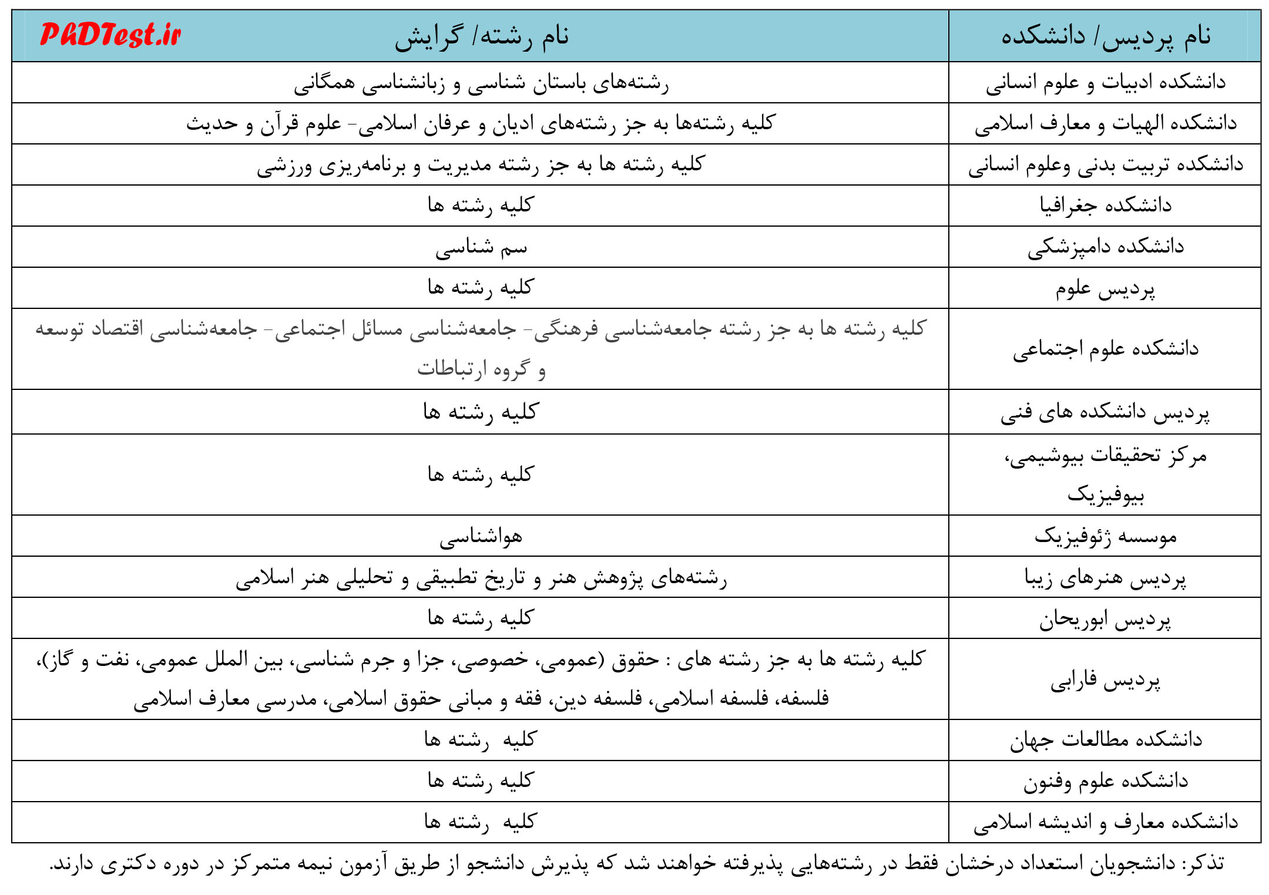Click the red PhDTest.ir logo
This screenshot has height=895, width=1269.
click(x=110, y=35)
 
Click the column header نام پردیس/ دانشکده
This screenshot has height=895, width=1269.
click(x=1106, y=36)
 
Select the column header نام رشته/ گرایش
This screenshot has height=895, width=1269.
click(x=481, y=36)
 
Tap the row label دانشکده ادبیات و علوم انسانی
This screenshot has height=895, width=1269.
click(x=1106, y=82)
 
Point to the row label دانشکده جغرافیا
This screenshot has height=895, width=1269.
click(x=1106, y=206)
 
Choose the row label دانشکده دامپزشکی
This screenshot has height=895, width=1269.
click(x=1106, y=247)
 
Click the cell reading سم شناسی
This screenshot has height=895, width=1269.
click(x=481, y=248)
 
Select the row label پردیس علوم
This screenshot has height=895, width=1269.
click(x=1105, y=288)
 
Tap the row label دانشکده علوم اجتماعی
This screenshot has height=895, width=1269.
click(x=1106, y=349)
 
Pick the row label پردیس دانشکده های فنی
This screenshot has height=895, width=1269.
click(x=1105, y=412)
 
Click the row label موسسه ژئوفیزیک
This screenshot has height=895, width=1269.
click(x=1106, y=536)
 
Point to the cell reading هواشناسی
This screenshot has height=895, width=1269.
click(x=481, y=537)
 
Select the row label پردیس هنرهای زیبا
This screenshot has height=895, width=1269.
click(x=1105, y=578)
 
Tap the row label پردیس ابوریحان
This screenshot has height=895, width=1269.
click(x=1105, y=619)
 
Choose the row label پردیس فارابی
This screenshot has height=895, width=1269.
click(x=1106, y=680)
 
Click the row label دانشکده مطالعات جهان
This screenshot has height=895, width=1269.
click(x=1106, y=740)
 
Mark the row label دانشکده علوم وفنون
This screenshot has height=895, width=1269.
click(x=1106, y=781)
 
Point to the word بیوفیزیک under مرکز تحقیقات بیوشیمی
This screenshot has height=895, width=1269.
click(x=1106, y=495)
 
